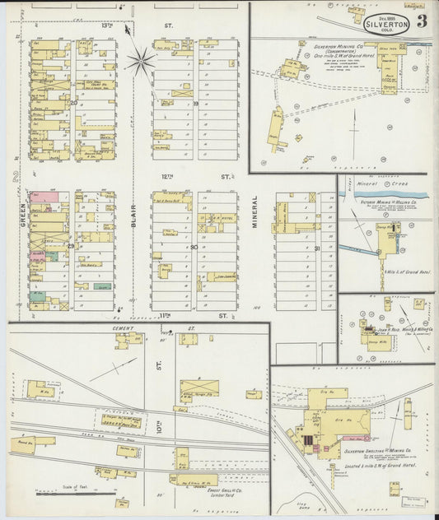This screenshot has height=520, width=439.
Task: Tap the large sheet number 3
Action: coord(421,21)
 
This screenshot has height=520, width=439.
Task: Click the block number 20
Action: coord(72,103)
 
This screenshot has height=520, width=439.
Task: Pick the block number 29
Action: coord(72,246)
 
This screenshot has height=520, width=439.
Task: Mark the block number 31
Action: coord(317,247)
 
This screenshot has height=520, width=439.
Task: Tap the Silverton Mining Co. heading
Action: coord(339,48)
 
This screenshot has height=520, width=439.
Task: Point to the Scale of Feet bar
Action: coord(75,492)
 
